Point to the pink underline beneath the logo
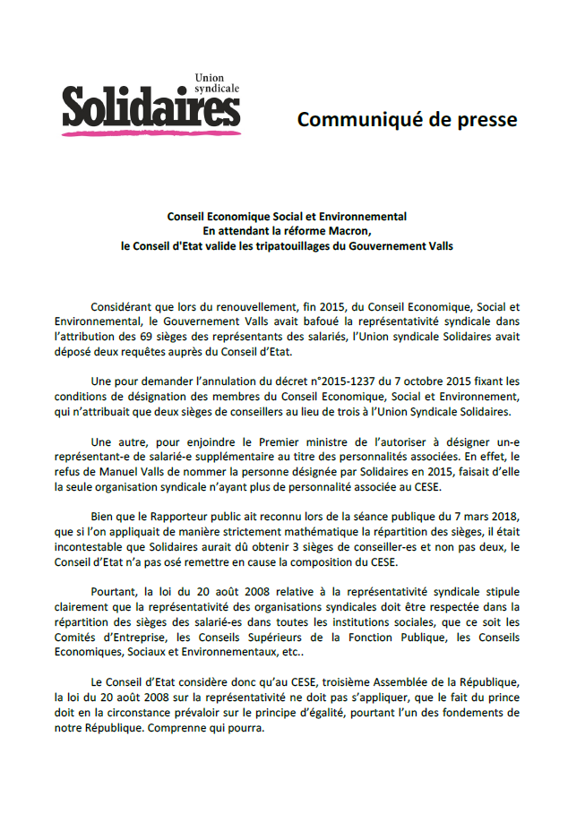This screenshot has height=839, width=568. (x=151, y=133)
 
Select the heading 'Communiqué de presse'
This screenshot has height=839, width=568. (x=408, y=119)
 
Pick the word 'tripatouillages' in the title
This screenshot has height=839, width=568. (x=296, y=245)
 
